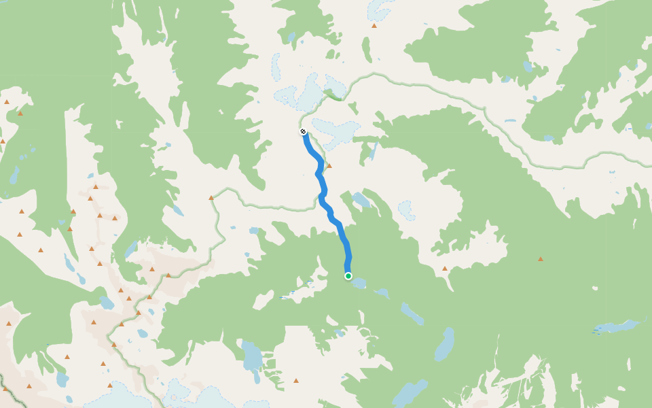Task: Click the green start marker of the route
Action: tap(348, 276)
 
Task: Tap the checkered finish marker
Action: tap(303, 131)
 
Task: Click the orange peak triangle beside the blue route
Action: tap(329, 165)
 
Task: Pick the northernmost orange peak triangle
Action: tap(374, 26)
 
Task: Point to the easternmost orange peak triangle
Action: tap(541, 258)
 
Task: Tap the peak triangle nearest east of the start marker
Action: tap(445, 268)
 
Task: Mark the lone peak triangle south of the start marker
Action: tap(296, 380)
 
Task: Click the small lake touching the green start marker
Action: tap(358, 282)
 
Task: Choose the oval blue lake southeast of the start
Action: tap(444, 343)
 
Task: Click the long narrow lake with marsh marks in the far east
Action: tap(618, 326)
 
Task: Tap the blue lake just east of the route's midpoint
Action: tap(360, 200)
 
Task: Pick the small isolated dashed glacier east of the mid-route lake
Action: tap(406, 209)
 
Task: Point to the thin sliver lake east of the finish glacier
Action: tap(373, 151)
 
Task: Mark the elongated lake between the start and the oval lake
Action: tap(412, 314)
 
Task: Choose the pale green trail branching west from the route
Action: tap(265, 205)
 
